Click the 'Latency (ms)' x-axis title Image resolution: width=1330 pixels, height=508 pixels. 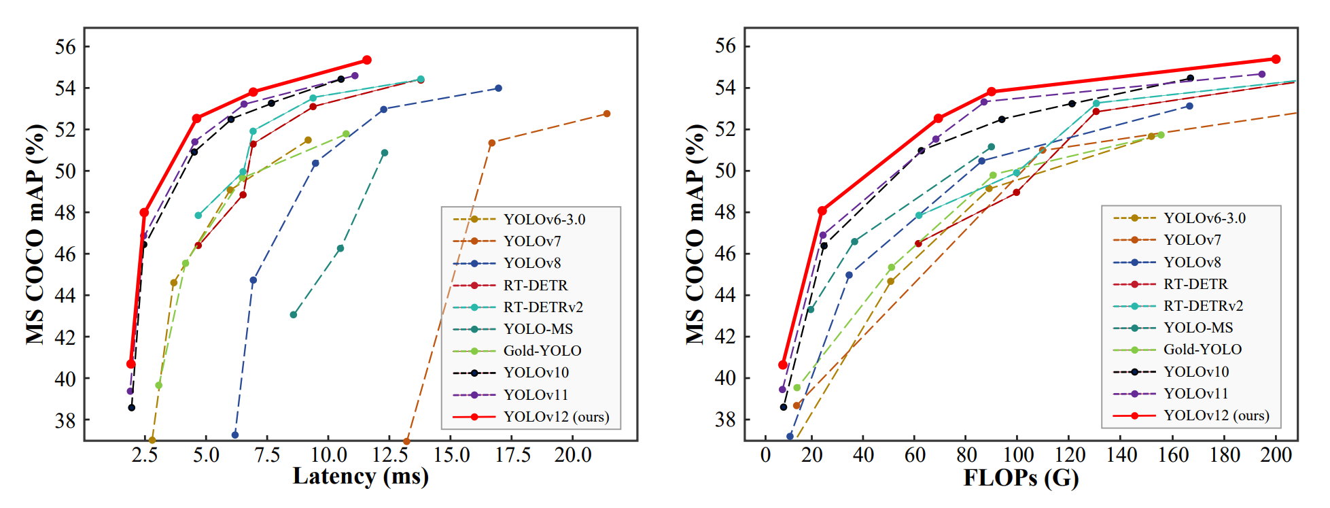pyautogui.click(x=360, y=477)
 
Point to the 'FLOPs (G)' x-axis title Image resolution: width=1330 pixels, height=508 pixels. pyautogui.click(x=1021, y=478)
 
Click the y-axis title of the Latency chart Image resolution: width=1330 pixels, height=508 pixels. pyautogui.click(x=35, y=234)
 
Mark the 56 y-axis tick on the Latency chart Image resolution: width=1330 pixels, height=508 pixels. pyautogui.click(x=65, y=47)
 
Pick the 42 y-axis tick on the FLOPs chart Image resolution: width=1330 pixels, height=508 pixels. pyautogui.click(x=726, y=337)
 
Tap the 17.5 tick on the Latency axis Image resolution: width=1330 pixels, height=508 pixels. pyautogui.click(x=512, y=455)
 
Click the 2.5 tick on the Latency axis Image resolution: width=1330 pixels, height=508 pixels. pyautogui.click(x=145, y=455)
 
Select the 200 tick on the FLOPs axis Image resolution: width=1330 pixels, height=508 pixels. pyautogui.click(x=1276, y=455)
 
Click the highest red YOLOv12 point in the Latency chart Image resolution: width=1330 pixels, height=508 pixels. pyautogui.click(x=367, y=60)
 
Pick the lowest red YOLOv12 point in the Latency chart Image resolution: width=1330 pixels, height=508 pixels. pyautogui.click(x=130, y=364)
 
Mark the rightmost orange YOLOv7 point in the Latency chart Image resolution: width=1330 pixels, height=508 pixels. pyautogui.click(x=607, y=114)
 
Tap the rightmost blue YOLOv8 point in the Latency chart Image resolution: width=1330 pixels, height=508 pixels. pyautogui.click(x=498, y=88)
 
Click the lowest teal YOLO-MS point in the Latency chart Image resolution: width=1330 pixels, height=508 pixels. pyautogui.click(x=293, y=315)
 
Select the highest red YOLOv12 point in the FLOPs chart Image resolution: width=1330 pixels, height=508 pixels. pyautogui.click(x=1276, y=59)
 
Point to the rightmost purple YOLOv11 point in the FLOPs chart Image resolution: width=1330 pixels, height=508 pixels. pyautogui.click(x=1262, y=74)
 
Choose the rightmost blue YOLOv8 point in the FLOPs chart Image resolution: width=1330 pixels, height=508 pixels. pyautogui.click(x=1189, y=106)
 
